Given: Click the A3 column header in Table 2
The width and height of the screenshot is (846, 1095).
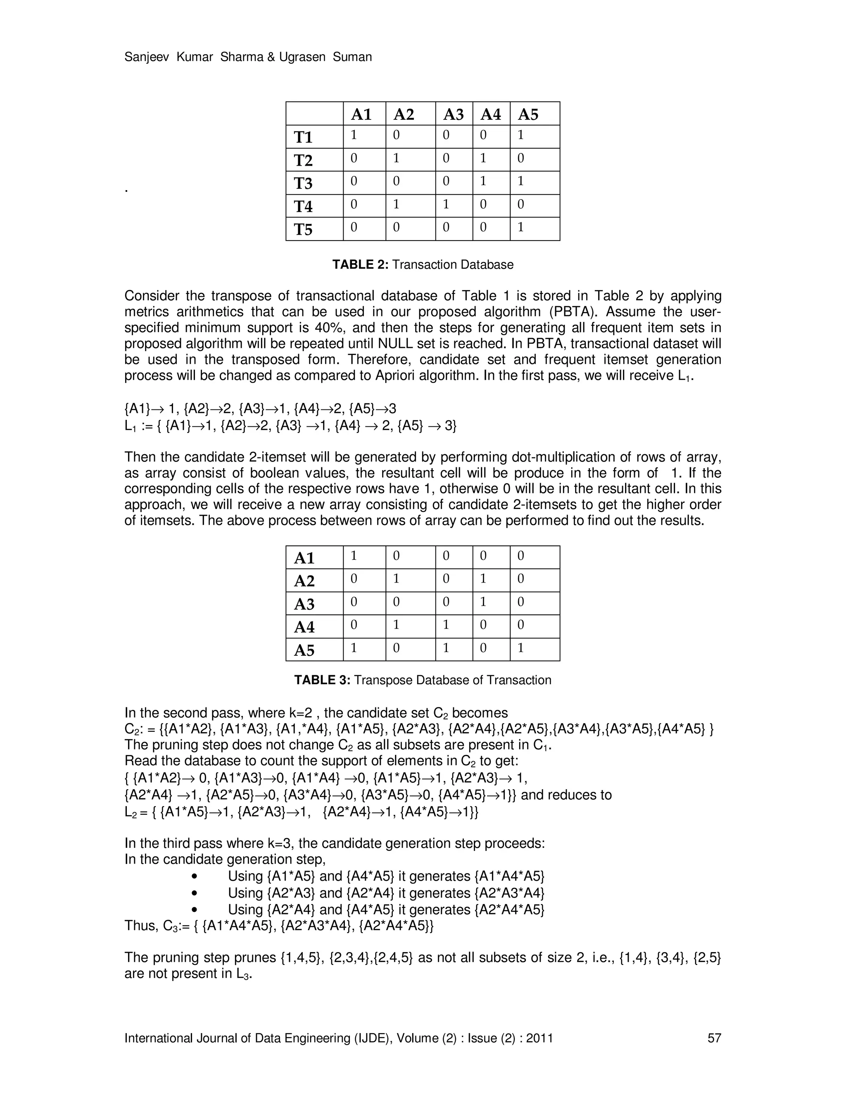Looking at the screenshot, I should click(x=453, y=114).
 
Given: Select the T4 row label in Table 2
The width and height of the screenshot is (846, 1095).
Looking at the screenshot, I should click(x=303, y=207).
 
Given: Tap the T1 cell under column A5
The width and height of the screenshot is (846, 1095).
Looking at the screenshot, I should click(x=521, y=136).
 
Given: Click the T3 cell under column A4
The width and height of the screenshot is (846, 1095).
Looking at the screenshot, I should click(x=483, y=181).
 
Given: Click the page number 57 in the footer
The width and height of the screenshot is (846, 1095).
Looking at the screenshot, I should click(x=714, y=1038).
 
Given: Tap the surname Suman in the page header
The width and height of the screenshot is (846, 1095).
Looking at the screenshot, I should click(x=352, y=57).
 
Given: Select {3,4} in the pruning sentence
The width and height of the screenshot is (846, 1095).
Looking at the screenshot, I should click(x=670, y=958).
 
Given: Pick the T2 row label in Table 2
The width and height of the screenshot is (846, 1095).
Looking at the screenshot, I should click(x=303, y=160).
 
